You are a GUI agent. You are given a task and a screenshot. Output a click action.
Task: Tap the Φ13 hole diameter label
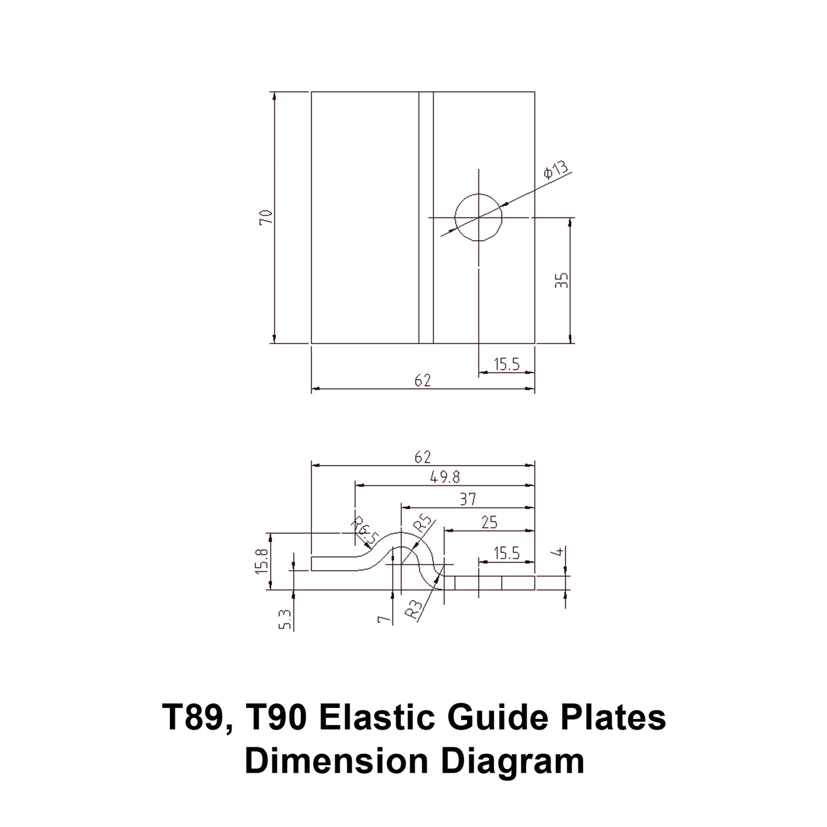coord(556,171)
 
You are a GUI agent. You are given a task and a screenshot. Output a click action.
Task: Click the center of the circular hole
coord(478,217)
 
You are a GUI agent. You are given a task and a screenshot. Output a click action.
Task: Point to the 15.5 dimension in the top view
coord(507,364)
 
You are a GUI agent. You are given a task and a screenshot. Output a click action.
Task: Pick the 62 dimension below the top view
coord(422,381)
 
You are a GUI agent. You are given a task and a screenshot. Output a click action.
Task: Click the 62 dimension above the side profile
coord(422,457)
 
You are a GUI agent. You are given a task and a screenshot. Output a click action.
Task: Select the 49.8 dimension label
coord(445,477)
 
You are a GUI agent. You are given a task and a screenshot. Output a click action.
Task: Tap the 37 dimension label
coord(468,499)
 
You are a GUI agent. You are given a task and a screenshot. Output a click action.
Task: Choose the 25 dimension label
coord(489,522)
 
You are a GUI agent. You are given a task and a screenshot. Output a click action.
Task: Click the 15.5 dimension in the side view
coord(507,553)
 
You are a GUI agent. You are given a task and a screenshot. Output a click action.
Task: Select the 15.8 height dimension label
coord(262,561)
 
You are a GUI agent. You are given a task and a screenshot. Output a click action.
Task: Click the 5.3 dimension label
coord(286,619)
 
